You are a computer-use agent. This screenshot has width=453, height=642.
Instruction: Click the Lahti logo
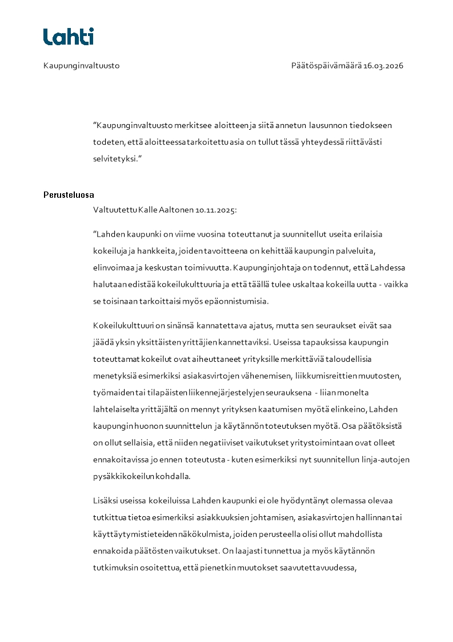point(69,37)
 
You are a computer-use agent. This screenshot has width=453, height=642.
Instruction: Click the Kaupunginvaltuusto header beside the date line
point(81,66)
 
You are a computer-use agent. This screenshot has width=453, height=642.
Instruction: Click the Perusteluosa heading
point(69,195)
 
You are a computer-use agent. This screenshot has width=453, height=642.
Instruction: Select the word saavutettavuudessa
point(314,568)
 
